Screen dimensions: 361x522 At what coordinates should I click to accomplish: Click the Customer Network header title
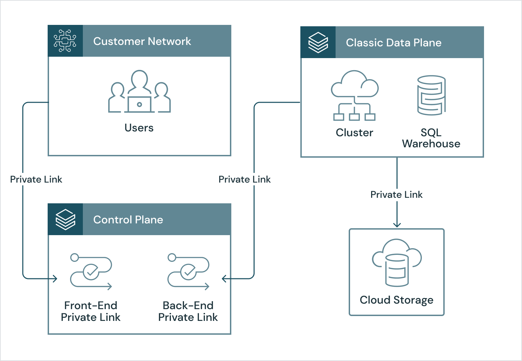coord(142,41)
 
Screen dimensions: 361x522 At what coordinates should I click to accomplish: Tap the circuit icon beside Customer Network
coord(65,41)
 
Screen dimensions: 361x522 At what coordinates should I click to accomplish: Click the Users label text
coord(139,128)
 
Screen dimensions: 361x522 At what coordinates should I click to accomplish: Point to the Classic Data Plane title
coord(394,43)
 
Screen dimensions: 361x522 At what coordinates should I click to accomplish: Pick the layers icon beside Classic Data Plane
coord(318,43)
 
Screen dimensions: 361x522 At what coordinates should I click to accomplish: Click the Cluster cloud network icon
coord(355,95)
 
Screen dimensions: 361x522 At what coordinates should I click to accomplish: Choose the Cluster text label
coord(354,132)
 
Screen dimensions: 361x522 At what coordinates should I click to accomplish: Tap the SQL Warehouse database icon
coord(431,95)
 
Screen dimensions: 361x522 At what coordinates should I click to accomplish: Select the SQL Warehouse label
coord(431,138)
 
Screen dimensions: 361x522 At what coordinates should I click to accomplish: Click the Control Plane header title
coord(128,220)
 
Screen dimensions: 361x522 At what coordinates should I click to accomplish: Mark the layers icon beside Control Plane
coord(65,220)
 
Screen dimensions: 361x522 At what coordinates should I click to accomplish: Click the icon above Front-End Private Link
coord(91,272)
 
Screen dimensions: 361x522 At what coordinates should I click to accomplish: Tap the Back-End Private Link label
coord(188,311)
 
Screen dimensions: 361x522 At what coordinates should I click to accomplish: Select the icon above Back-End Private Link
coord(188,272)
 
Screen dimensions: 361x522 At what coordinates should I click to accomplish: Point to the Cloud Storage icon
coord(397,262)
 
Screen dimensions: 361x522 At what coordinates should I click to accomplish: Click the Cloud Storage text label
coord(396,300)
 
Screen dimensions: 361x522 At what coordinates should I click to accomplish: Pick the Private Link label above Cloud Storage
coord(396,194)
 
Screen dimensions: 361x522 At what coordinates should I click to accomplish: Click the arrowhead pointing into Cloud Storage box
coord(397,225)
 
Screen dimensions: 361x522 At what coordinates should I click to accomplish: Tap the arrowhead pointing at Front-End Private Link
coord(55,278)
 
